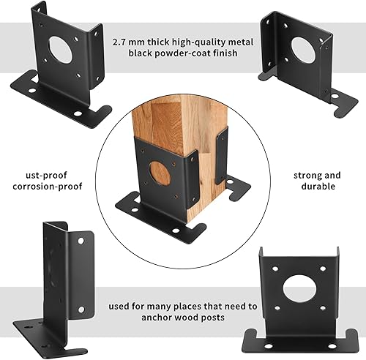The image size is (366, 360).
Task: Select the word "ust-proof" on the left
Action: [x=46, y=176]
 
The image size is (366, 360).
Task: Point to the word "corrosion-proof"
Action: [x=48, y=187]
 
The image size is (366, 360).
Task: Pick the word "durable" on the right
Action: [x=318, y=187]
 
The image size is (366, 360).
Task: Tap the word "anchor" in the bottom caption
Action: [x=155, y=318]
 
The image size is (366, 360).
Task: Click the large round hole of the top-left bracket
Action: [x=60, y=49]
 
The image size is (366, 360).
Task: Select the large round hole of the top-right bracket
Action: [x=303, y=50]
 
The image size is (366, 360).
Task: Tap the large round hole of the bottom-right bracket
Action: [x=299, y=289]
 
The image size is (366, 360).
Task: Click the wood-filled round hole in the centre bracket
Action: [x=160, y=173]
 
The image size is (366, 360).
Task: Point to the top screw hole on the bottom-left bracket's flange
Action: [x=81, y=241]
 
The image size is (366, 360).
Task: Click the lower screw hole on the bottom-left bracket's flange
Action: [x=81, y=310]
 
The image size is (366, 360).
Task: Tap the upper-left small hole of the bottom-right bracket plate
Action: [x=275, y=269]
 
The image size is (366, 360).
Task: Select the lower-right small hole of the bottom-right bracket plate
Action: [x=323, y=308]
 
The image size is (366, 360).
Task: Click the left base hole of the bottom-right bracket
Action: [x=268, y=346]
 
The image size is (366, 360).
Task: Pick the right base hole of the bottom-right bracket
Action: [x=332, y=346]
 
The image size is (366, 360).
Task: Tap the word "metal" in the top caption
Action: [x=241, y=42]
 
